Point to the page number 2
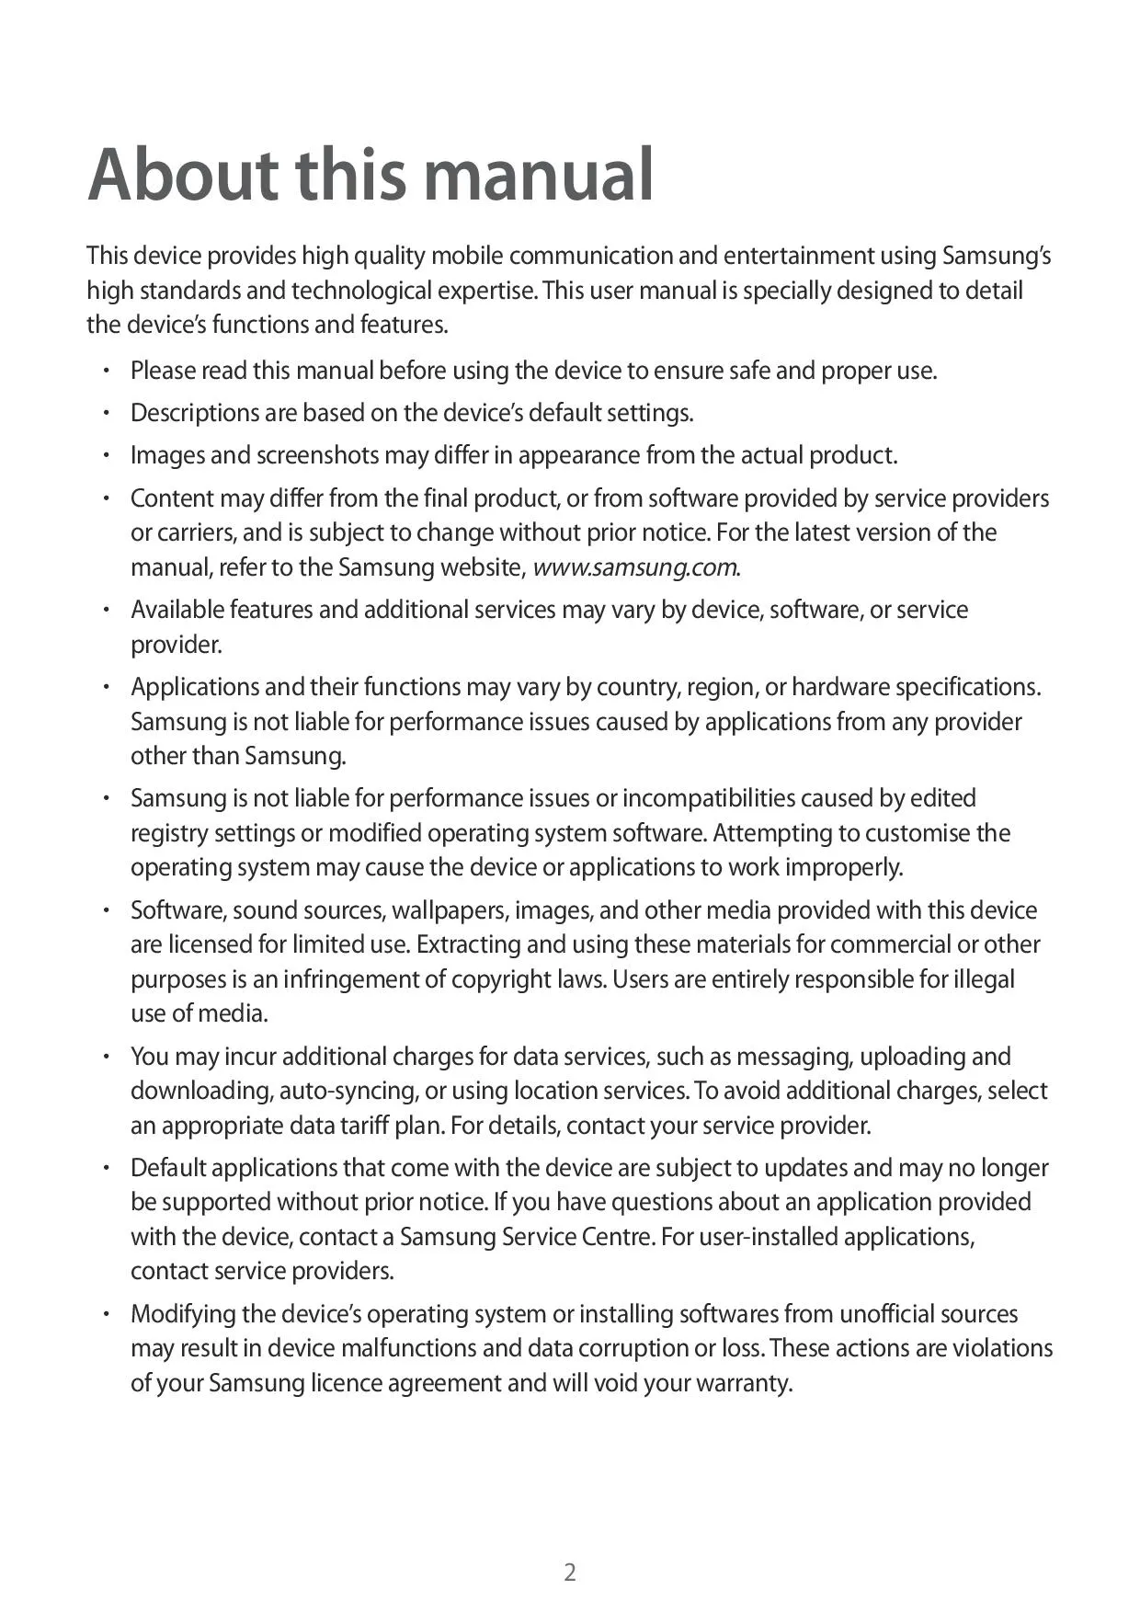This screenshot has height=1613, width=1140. coord(570,1572)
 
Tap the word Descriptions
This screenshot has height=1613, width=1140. coord(194,413)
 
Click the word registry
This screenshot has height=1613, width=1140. coord(169,833)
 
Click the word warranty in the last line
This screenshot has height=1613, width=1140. coord(747,1383)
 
